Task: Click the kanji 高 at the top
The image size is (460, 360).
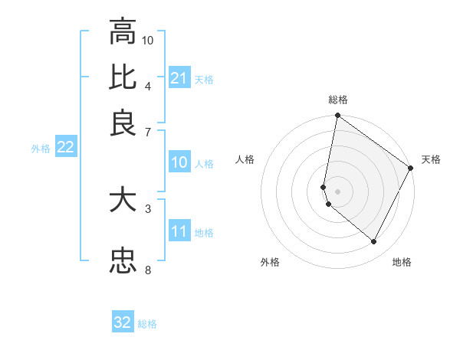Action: pyautogui.click(x=123, y=33)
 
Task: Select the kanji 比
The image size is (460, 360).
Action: pyautogui.click(x=123, y=77)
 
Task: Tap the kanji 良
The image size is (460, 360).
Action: pyautogui.click(x=123, y=123)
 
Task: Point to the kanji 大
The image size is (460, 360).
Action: pyautogui.click(x=123, y=201)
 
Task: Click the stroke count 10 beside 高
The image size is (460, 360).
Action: pyautogui.click(x=148, y=40)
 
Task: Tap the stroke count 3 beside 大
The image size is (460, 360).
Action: pyautogui.click(x=147, y=208)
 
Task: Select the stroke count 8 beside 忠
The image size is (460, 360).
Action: pyautogui.click(x=147, y=269)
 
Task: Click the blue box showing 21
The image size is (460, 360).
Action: pyautogui.click(x=179, y=78)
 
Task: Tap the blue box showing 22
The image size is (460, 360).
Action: pyautogui.click(x=65, y=148)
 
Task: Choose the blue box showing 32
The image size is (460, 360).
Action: pyautogui.click(x=123, y=322)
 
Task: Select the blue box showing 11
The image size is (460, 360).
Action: pyautogui.click(x=179, y=231)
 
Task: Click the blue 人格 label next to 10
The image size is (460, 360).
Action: pyautogui.click(x=204, y=164)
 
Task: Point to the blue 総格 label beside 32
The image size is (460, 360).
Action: pyautogui.click(x=147, y=324)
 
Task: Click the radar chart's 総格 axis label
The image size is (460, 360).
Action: pyautogui.click(x=338, y=100)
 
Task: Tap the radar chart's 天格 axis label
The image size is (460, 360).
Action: pyautogui.click(x=431, y=159)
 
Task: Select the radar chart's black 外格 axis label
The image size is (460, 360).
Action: pyautogui.click(x=270, y=263)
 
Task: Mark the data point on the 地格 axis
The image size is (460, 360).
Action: pyautogui.click(x=374, y=242)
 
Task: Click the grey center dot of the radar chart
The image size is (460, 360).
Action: pyautogui.click(x=337, y=191)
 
